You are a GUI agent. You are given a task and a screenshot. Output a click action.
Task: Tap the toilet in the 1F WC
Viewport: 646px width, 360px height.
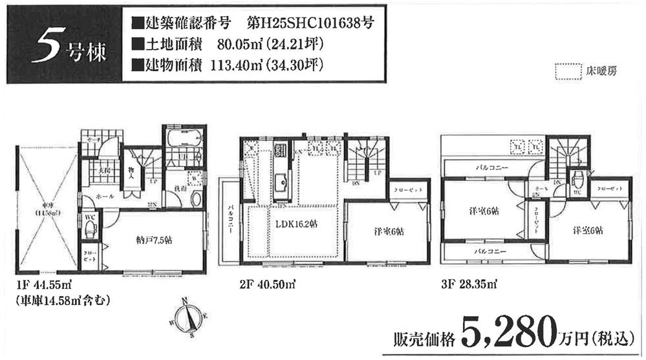pyautogui.click(x=91, y=228)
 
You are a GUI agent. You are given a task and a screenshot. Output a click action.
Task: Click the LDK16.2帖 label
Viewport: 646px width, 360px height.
pyautogui.click(x=292, y=224)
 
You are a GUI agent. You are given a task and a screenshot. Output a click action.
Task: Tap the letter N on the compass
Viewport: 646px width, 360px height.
pyautogui.click(x=186, y=299)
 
